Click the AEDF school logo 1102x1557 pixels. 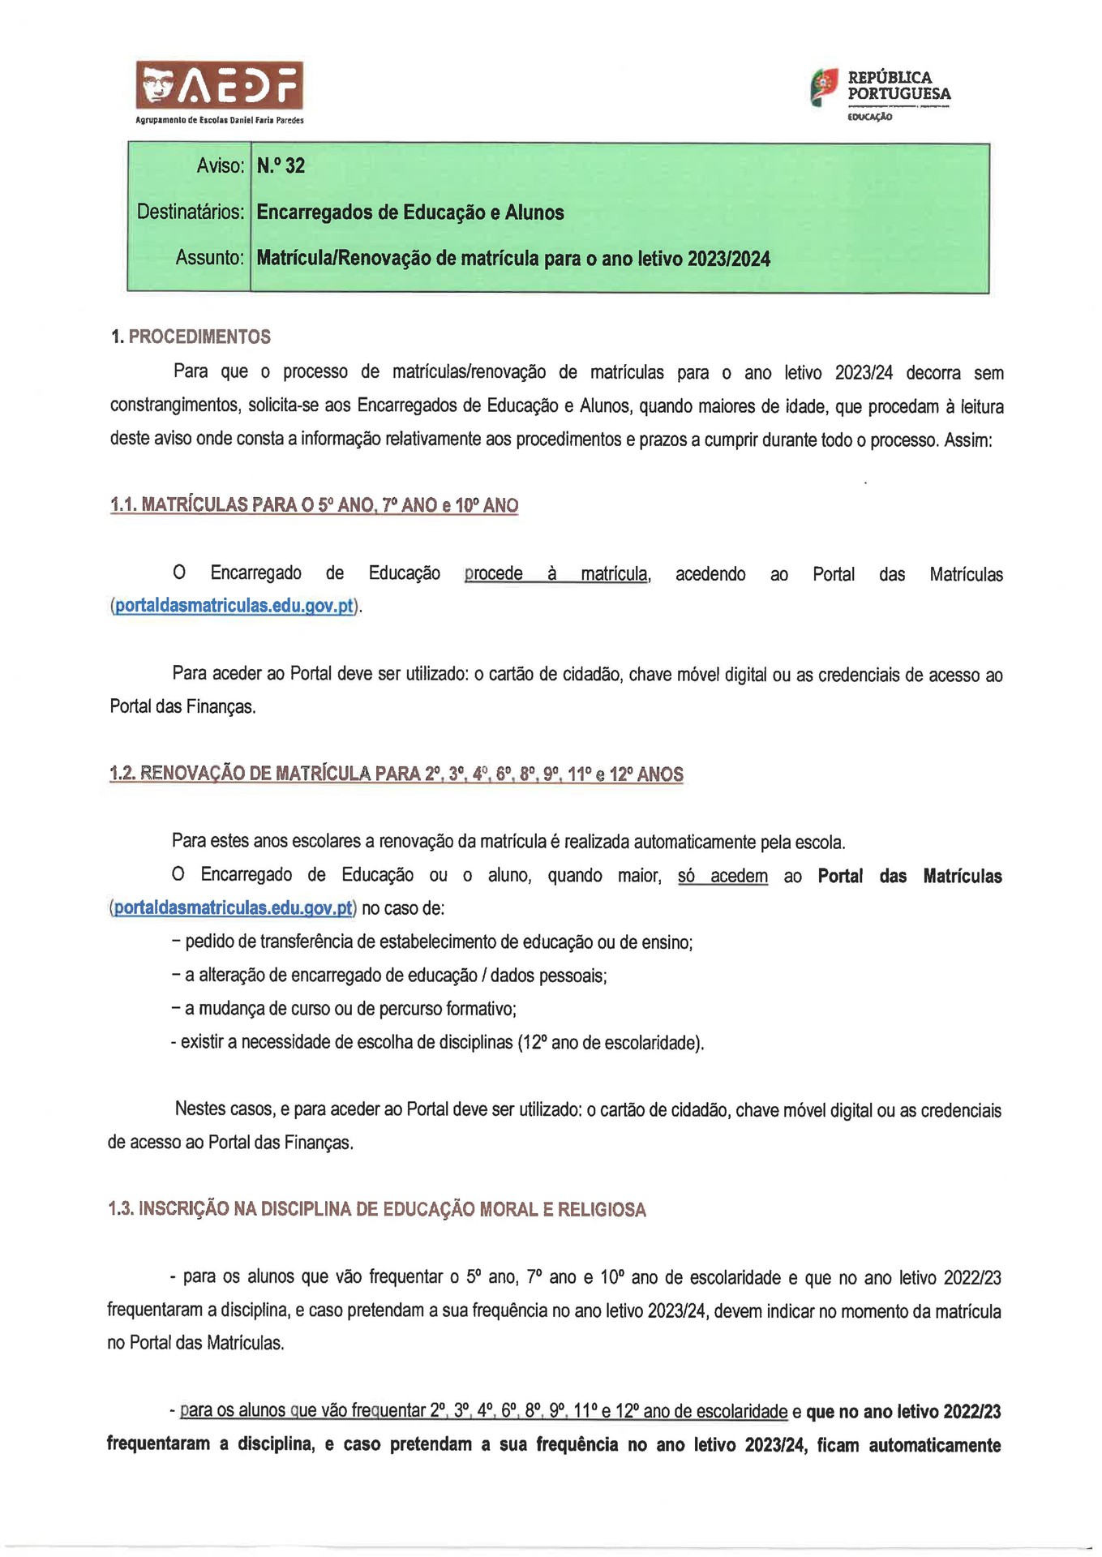point(219,85)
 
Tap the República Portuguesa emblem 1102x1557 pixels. point(824,87)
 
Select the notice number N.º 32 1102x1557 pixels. point(281,165)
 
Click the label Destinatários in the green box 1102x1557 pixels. point(191,212)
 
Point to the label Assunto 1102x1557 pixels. point(209,258)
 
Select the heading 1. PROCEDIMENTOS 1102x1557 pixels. point(191,337)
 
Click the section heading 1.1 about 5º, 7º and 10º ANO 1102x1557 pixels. point(314,505)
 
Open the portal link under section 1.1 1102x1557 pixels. point(234,606)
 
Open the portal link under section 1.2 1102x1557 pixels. point(234,907)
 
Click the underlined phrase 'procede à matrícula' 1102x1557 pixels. point(556,574)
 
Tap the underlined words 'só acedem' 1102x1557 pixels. point(723,876)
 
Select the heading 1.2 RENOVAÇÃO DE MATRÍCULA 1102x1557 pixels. point(396,774)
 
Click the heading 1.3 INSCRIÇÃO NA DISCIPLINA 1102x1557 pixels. point(377,1209)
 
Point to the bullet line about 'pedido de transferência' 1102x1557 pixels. point(432,941)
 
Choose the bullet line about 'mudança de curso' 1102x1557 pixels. point(345,1008)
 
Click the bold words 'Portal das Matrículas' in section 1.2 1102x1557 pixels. point(910,876)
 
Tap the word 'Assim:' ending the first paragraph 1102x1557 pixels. point(968,440)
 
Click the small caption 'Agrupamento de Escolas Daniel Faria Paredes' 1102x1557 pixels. point(220,120)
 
